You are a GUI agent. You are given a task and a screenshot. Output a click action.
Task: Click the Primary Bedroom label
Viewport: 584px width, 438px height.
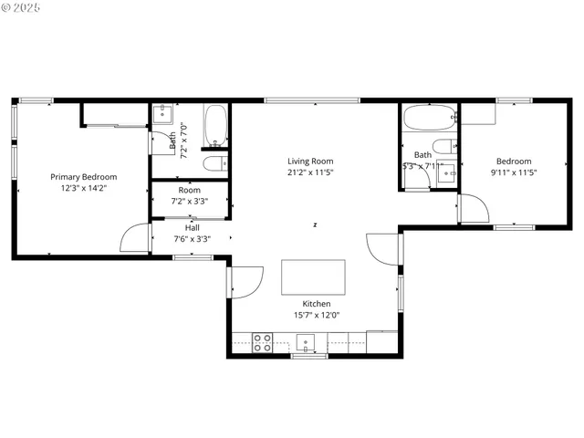pos(83,177)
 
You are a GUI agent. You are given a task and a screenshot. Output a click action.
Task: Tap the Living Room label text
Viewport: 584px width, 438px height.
pos(310,161)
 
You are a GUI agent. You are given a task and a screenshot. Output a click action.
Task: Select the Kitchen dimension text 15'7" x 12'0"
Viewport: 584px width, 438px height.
pos(317,316)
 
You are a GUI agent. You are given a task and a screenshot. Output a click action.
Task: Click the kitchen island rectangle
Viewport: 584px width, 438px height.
pos(313,276)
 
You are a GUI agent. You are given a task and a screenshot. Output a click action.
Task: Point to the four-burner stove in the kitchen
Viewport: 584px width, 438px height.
pos(262,342)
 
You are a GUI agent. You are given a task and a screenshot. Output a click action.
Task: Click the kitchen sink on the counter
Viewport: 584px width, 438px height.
pos(306,343)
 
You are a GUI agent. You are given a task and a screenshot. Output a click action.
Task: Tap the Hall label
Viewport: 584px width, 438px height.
pos(193,227)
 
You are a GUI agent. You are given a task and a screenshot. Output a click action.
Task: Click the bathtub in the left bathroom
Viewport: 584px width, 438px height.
pos(216,127)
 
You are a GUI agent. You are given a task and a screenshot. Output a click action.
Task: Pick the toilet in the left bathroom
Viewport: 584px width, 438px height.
pos(214,164)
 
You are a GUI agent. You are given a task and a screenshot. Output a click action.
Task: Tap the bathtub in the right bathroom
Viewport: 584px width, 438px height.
pos(427,119)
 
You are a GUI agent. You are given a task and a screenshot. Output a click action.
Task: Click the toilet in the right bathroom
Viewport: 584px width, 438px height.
pos(443,148)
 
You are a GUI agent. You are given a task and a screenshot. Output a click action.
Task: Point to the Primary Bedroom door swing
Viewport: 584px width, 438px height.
pos(134,239)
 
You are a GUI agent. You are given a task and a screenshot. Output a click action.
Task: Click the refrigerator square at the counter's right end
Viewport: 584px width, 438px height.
pos(381,343)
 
